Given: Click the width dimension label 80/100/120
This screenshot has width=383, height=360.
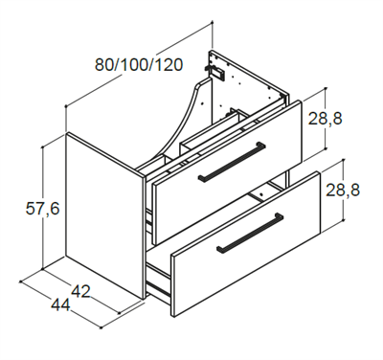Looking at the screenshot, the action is pos(139,65).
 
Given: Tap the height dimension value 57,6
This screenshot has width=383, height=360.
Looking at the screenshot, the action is pos(42,209).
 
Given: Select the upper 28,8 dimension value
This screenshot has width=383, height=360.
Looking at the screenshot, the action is pos(325,119).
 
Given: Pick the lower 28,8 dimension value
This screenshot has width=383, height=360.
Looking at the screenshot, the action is pos(343,190).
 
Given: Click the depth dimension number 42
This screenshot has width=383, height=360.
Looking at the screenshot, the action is pos(81,291).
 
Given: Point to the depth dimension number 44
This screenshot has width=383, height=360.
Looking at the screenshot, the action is pos(60,304).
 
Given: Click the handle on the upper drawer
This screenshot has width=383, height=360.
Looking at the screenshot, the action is pos(232,162).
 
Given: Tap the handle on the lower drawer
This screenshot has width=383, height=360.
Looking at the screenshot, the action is pos(250,233).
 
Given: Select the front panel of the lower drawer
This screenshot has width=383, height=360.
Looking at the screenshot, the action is pos(246,244).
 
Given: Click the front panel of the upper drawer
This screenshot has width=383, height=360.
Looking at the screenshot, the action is pos(228,172).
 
